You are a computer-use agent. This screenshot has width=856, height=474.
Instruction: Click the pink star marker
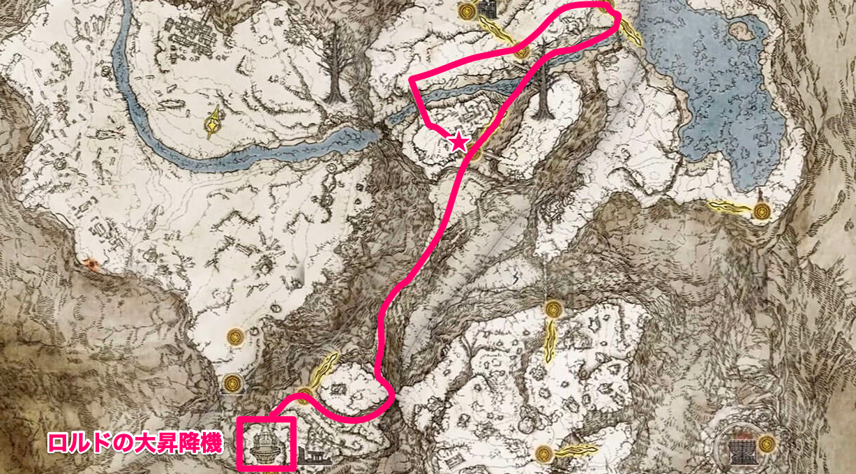[x=458, y=142]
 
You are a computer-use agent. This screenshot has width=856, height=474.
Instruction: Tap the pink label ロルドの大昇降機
[x=135, y=442]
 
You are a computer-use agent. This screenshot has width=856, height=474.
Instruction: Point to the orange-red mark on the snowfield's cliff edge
[x=89, y=264]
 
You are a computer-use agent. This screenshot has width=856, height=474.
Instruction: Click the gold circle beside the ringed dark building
[x=767, y=443]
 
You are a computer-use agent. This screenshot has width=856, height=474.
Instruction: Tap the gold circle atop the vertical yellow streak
[x=553, y=307]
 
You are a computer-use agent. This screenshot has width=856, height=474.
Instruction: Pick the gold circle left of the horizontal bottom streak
[x=544, y=453]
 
